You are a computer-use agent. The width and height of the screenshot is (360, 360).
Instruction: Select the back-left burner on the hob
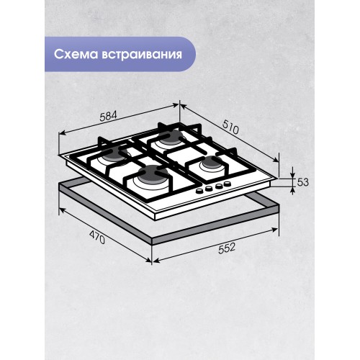click(113, 154)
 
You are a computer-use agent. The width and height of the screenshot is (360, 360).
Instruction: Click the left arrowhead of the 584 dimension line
click(59, 135)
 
